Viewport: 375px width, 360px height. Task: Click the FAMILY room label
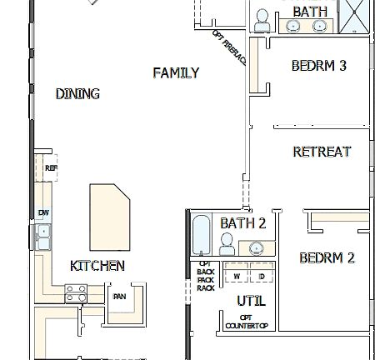[x=176, y=73]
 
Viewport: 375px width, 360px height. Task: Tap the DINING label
[x=77, y=94]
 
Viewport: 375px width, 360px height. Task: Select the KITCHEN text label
[x=97, y=266]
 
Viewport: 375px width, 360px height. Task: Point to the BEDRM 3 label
[x=318, y=66]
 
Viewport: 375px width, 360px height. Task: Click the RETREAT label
[x=322, y=152]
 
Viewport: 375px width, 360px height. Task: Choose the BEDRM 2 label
[x=327, y=257]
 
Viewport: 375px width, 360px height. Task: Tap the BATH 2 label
[x=242, y=223]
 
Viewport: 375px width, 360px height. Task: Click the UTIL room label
[x=250, y=300]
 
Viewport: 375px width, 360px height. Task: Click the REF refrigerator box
[x=51, y=168]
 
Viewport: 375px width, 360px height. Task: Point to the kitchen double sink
[x=42, y=237]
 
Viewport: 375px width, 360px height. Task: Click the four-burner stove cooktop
[x=77, y=292]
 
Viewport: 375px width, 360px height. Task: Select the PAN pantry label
[x=119, y=296]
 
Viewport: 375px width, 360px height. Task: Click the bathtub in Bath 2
[x=200, y=237]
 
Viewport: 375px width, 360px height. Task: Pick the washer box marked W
[x=237, y=276]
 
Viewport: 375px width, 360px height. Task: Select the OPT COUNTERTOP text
[x=246, y=322]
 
